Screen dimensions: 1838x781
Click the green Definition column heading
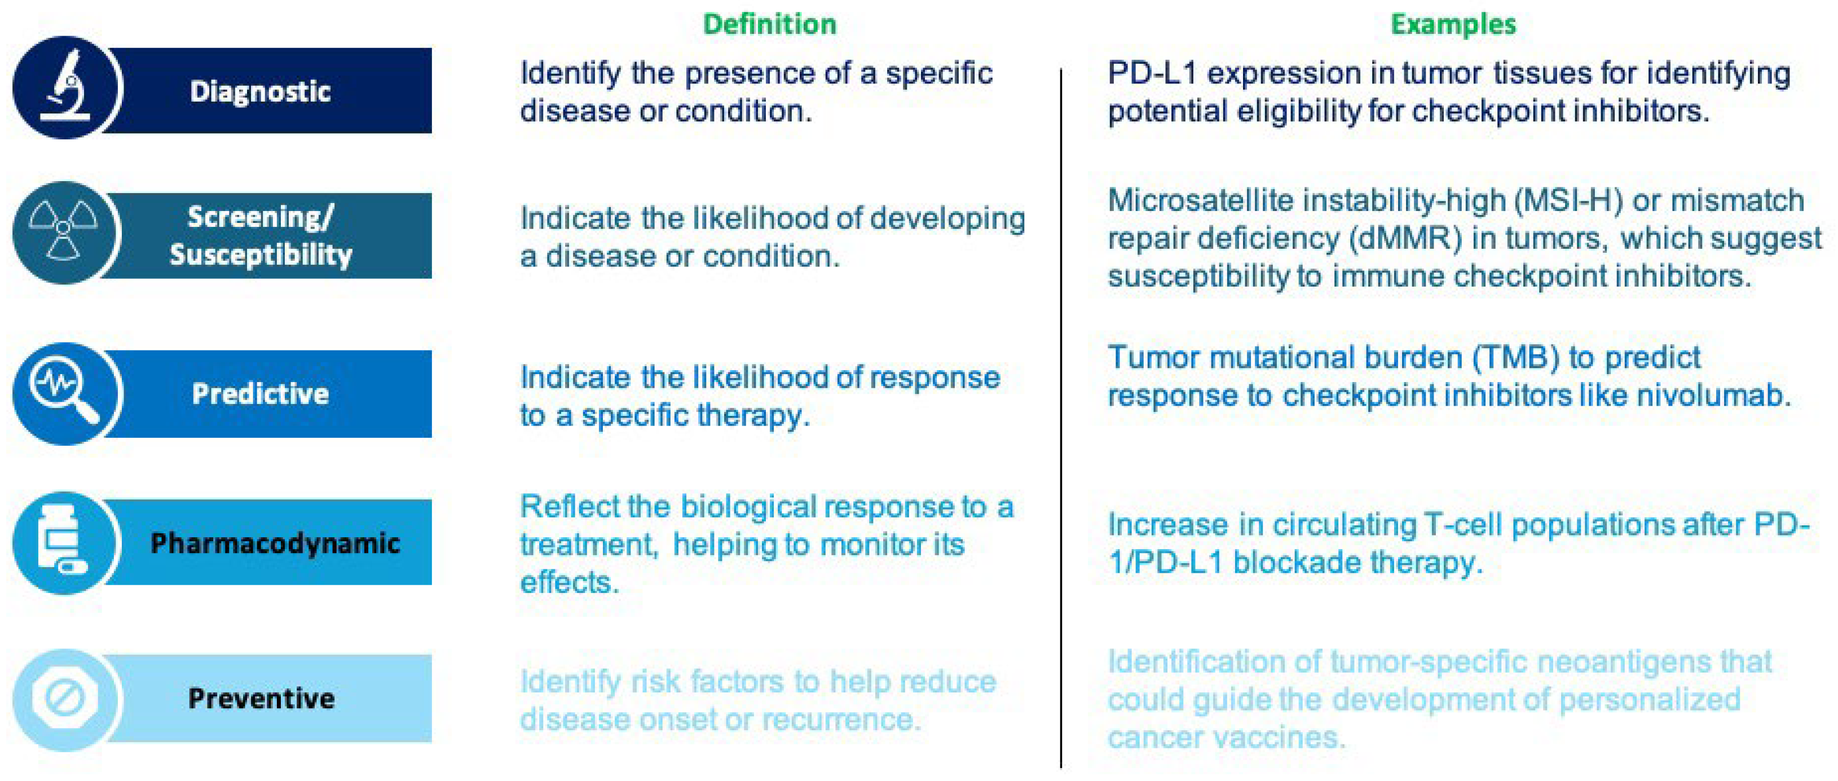click(769, 24)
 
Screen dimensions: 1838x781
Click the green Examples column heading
click(1453, 25)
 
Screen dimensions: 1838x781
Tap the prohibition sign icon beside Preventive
click(64, 697)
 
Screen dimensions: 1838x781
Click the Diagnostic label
click(261, 91)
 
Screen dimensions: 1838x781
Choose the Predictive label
click(261, 393)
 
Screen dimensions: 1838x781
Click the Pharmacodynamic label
click(275, 543)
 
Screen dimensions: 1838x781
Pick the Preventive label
click(261, 698)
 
